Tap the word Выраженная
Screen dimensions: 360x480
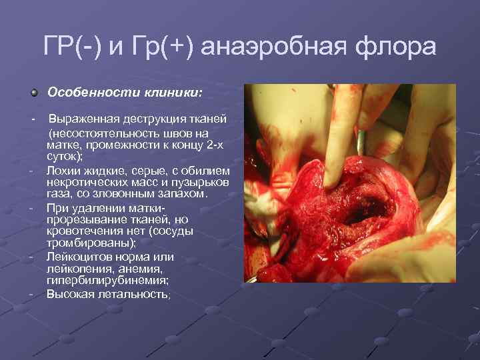[x=84, y=119]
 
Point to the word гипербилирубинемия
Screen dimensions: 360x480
[x=97, y=281]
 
